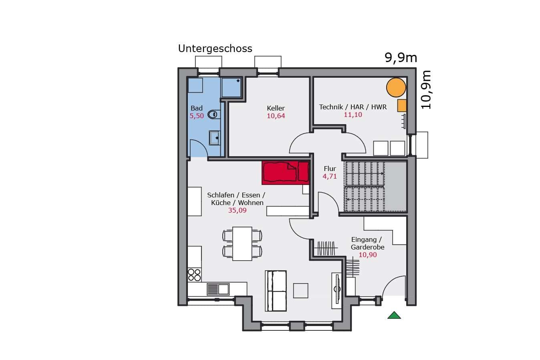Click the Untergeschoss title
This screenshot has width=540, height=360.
(x=215, y=49)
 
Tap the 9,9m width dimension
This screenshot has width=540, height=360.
(x=401, y=58)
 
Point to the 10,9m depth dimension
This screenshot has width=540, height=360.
(x=426, y=90)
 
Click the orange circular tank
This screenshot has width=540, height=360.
(x=396, y=87)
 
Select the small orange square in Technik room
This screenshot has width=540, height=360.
(x=402, y=105)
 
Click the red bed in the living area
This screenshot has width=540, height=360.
(x=286, y=173)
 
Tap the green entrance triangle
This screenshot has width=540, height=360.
(x=394, y=315)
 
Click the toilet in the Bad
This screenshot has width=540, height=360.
(x=214, y=114)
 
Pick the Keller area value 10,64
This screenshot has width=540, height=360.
(x=276, y=116)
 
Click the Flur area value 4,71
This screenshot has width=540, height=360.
(x=330, y=176)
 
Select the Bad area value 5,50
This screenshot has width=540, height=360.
(x=197, y=116)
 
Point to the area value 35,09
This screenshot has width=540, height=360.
(x=238, y=210)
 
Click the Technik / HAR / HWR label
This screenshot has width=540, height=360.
(x=353, y=107)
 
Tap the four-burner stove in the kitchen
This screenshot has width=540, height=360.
(x=194, y=275)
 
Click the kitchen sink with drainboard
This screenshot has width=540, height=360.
(x=218, y=290)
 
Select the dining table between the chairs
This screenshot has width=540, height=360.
(x=242, y=243)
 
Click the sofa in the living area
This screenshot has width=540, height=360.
(x=276, y=291)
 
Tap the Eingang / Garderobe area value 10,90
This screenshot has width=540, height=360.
(x=368, y=255)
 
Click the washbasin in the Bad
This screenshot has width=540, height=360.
(x=214, y=138)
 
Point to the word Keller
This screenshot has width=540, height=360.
(x=276, y=108)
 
